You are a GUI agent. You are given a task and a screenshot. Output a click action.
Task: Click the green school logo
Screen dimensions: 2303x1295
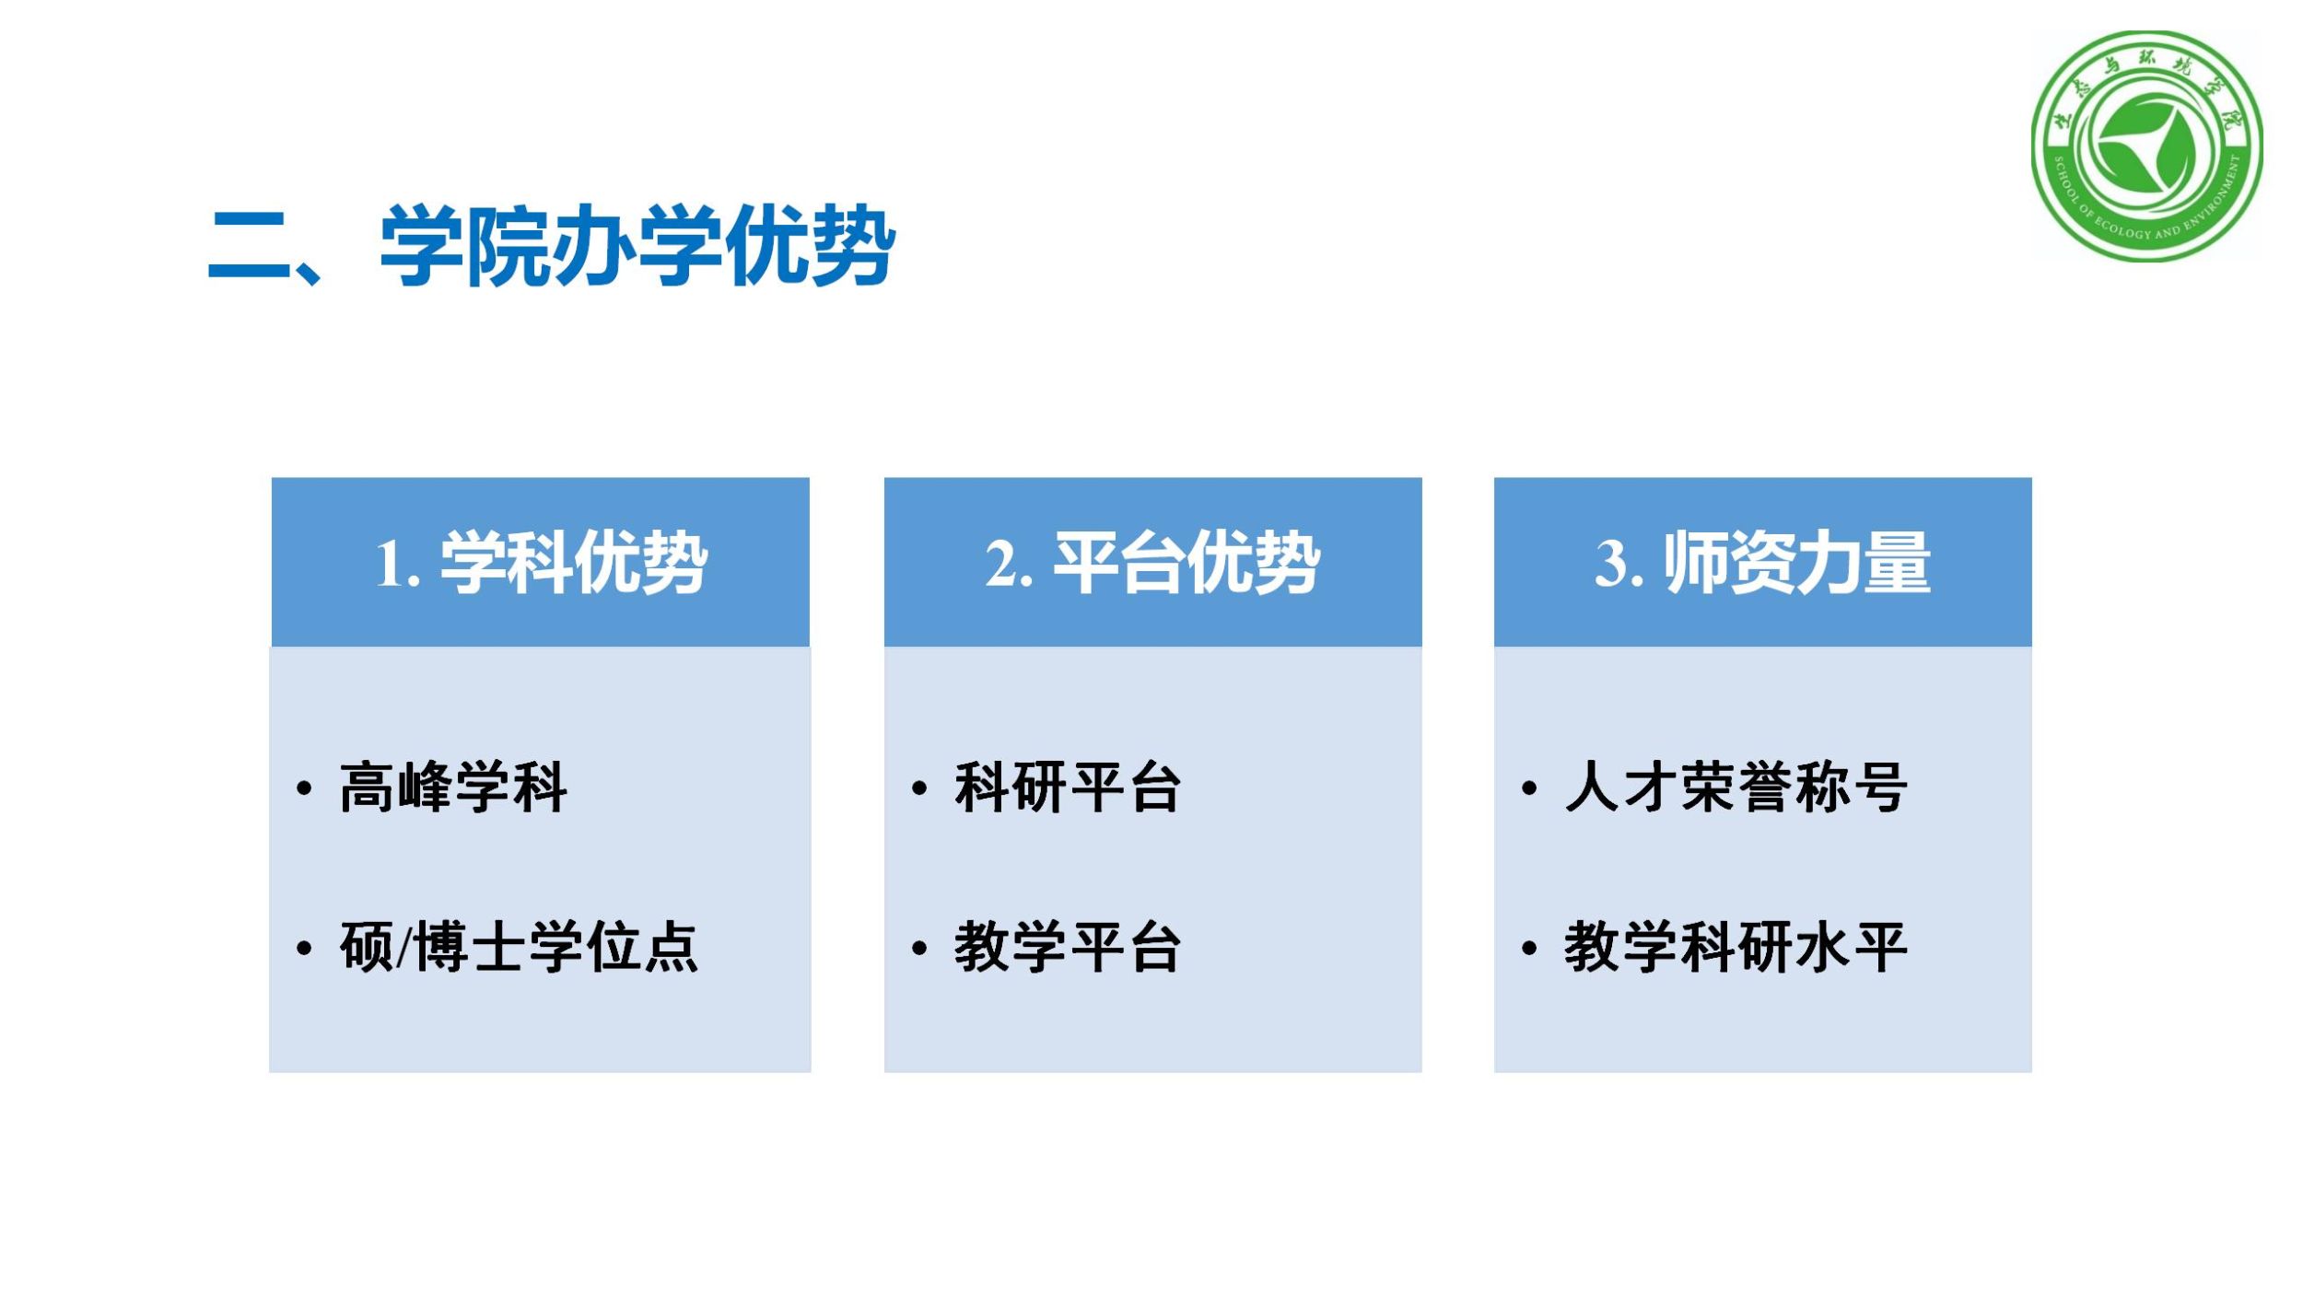(2146, 146)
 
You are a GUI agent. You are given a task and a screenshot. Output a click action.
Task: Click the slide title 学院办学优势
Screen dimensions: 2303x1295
(637, 246)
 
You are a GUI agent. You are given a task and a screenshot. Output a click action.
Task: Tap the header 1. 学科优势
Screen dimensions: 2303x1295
(541, 562)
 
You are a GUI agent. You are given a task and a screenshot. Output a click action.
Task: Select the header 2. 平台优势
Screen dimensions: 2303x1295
(1152, 562)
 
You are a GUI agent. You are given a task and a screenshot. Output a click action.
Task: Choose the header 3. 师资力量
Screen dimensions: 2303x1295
(1762, 562)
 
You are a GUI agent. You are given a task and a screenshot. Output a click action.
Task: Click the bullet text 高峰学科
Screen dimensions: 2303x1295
(453, 787)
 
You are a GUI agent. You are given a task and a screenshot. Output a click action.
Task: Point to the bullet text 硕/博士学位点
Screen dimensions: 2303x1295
(519, 947)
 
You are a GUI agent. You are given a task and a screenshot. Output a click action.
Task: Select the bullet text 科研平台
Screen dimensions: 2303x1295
(1067, 787)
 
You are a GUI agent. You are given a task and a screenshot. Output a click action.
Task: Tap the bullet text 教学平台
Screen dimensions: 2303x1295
(1067, 947)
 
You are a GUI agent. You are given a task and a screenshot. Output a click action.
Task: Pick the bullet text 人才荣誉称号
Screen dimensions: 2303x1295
(1736, 787)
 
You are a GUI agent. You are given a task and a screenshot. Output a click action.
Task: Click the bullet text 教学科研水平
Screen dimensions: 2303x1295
(1736, 947)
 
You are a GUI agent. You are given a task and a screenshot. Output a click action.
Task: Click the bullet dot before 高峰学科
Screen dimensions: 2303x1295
(304, 788)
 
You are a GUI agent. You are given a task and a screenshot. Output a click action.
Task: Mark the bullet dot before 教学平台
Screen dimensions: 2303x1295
(918, 948)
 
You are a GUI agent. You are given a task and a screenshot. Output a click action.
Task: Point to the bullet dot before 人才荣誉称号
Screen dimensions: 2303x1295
(1529, 788)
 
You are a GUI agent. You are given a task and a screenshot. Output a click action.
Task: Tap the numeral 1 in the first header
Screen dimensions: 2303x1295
(388, 564)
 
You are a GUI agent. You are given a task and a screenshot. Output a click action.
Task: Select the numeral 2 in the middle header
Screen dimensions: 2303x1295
(1000, 563)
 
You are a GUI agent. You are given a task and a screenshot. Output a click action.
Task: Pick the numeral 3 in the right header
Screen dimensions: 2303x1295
(1611, 563)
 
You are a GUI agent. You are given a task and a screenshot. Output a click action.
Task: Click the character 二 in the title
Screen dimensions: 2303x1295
(249, 246)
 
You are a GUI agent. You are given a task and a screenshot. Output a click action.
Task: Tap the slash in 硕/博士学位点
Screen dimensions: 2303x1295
(404, 948)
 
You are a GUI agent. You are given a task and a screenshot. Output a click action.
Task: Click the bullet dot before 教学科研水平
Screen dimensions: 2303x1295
(1529, 948)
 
